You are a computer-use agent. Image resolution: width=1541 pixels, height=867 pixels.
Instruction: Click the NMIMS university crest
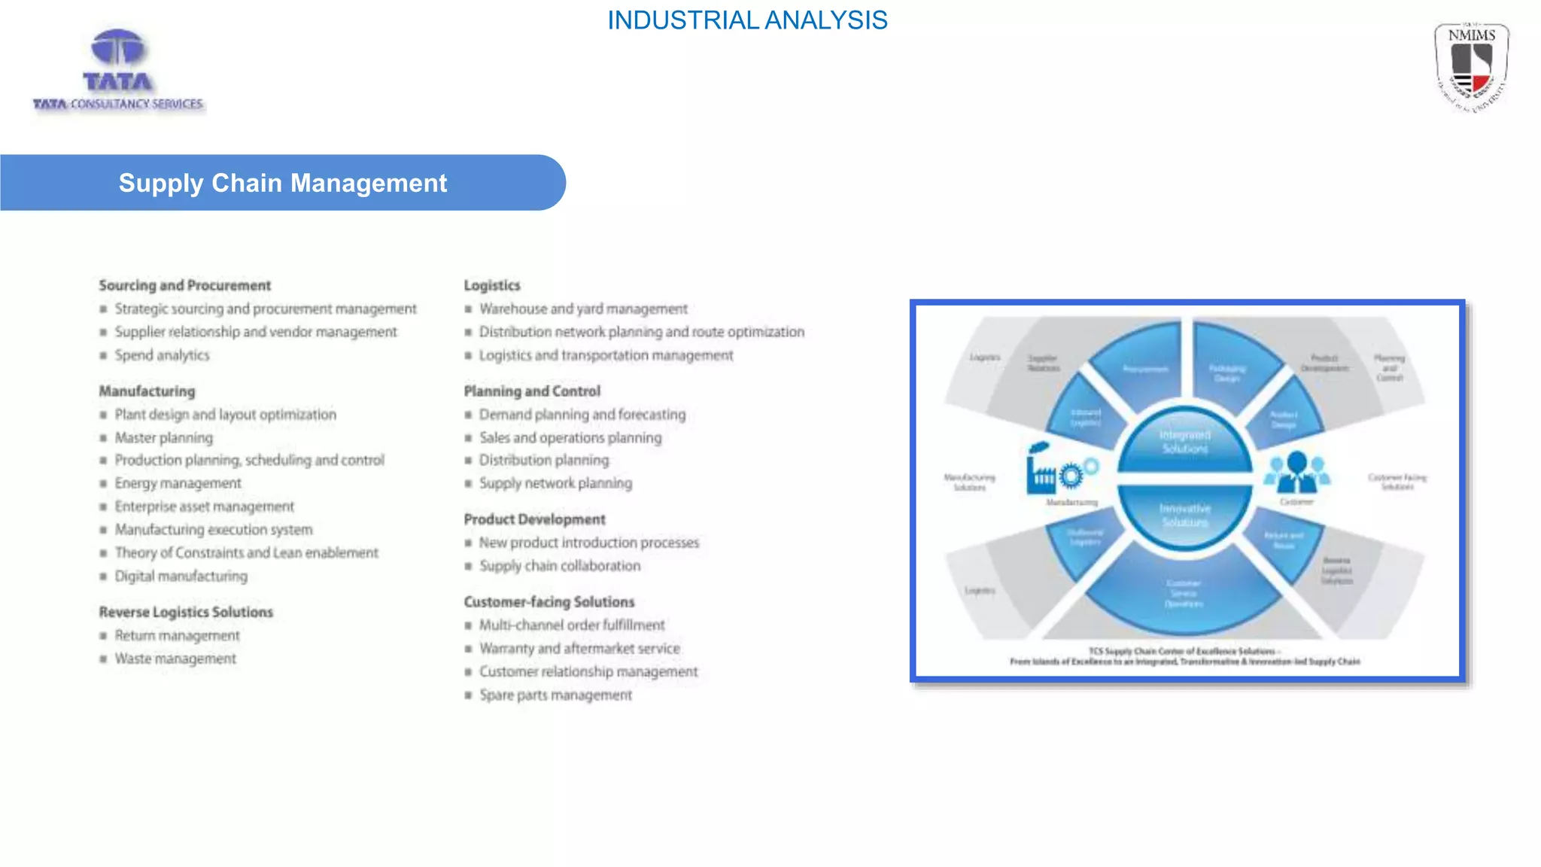coord(1471,68)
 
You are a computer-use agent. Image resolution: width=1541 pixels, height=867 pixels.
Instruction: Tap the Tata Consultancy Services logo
coord(118,71)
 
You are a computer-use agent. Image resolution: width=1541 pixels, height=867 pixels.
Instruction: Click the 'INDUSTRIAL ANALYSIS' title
coord(747,20)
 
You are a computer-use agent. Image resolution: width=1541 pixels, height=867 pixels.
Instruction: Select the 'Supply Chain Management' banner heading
coord(283,183)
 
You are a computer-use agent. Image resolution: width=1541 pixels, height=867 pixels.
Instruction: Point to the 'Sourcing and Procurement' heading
coord(185,285)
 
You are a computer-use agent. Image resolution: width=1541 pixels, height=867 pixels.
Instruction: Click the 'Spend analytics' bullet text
coord(162,355)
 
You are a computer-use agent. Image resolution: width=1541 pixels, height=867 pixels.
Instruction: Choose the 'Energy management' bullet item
coord(178,483)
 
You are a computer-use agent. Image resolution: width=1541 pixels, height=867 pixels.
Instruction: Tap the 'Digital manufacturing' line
coord(181,576)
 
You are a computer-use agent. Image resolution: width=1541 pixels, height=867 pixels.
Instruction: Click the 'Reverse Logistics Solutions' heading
coord(186,612)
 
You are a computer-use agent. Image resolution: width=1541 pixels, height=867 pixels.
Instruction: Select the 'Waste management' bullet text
coord(175,659)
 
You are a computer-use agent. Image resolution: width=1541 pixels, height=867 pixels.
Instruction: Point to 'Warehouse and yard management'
coord(583,309)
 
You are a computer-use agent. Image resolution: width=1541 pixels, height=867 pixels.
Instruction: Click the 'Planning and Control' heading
coord(532,391)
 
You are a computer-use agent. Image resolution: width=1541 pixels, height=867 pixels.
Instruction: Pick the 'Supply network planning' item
coord(555,483)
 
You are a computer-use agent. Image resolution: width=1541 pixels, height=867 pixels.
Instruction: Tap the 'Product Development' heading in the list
coord(534,519)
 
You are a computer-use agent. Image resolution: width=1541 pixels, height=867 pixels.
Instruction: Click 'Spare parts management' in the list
coord(555,695)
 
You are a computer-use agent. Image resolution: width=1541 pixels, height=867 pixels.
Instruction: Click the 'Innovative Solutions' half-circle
coord(1184,516)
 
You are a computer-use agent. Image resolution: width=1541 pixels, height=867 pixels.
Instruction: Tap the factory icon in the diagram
coord(1043,470)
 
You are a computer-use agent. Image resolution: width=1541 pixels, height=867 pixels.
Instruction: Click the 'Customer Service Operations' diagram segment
coord(1183,594)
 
